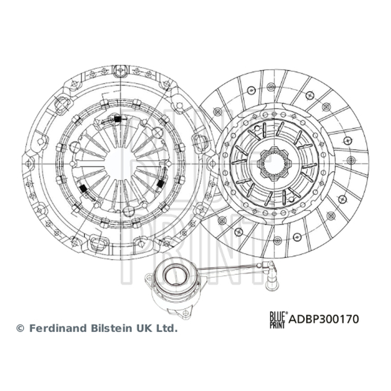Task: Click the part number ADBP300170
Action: click(324, 319)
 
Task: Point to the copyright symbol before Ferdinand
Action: click(20, 328)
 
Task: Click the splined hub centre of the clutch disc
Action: click(274, 163)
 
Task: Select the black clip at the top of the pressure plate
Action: click(117, 119)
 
